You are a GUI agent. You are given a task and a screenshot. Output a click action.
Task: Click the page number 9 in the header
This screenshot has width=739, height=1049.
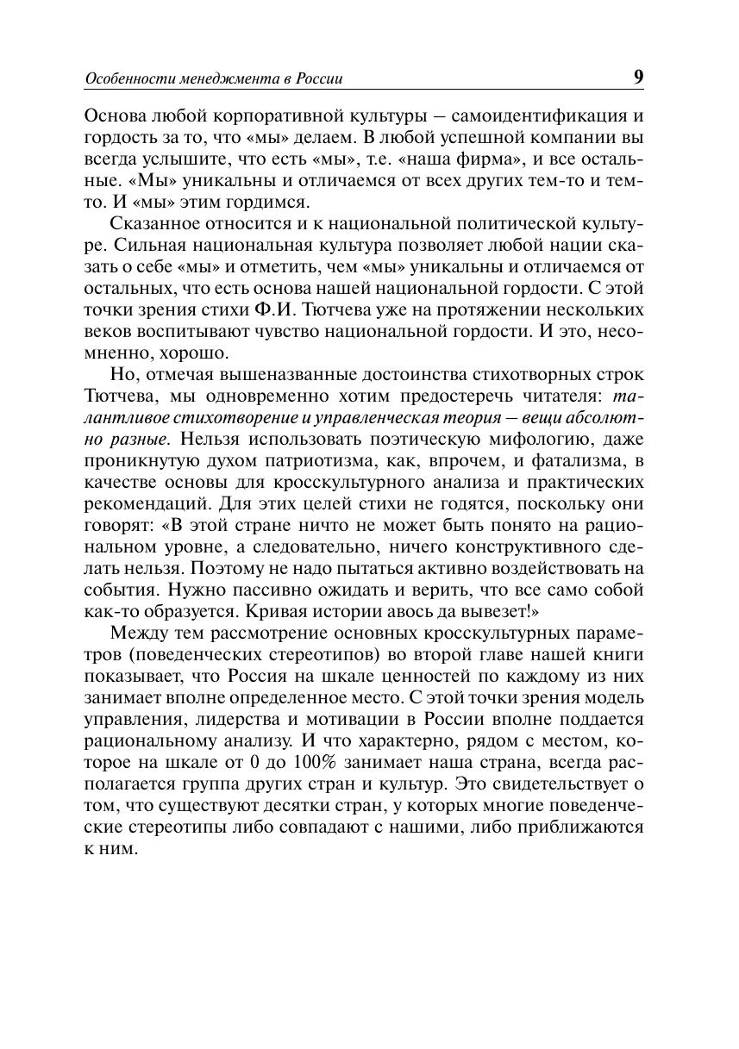click(638, 76)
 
